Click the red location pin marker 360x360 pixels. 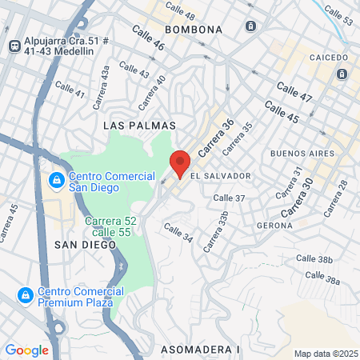pos(179,163)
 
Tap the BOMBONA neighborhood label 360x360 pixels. pos(193,30)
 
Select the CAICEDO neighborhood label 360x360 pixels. pos(327,58)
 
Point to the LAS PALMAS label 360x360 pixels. pos(129,126)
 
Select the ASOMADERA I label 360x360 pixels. pos(200,350)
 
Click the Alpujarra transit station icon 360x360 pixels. pos(14,46)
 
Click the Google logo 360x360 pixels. pos(26,350)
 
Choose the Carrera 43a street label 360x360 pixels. pos(101,87)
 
